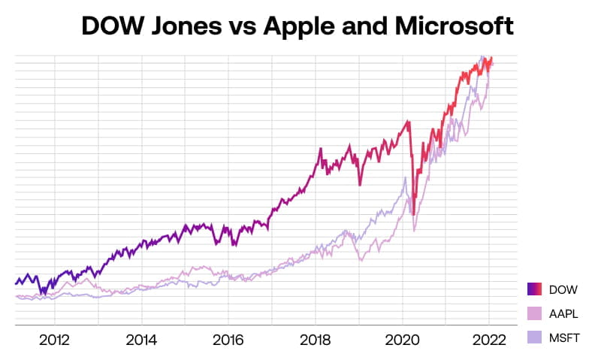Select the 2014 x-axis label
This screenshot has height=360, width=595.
pos(141,340)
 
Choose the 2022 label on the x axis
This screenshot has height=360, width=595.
pos(488,340)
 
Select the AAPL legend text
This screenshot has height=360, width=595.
pos(563,313)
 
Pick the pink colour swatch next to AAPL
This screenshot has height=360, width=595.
pos(536,313)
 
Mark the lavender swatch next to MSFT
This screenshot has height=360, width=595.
pos(536,336)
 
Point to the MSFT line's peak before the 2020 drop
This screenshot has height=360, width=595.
pos(406,178)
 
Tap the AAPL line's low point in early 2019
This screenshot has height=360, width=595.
pos(362,260)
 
